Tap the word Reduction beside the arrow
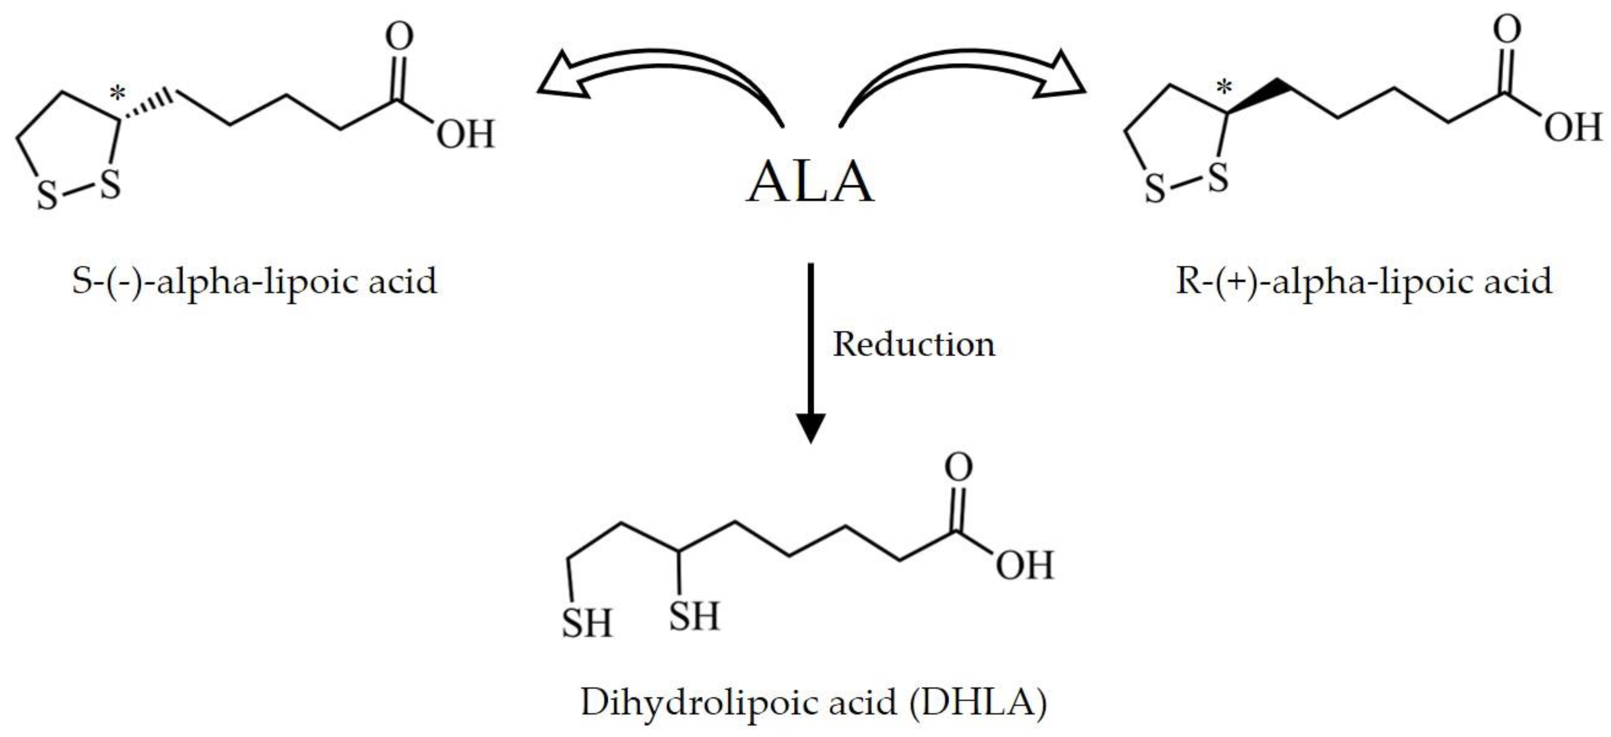click(x=913, y=344)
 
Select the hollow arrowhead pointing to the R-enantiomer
click(x=1060, y=78)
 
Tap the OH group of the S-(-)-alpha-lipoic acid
click(x=465, y=134)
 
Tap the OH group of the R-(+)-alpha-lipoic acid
click(x=1572, y=127)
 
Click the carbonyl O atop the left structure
click(x=399, y=36)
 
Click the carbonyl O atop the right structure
click(x=1506, y=29)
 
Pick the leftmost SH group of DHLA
click(x=586, y=623)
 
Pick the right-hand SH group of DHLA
click(x=694, y=615)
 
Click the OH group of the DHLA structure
click(x=1024, y=565)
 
